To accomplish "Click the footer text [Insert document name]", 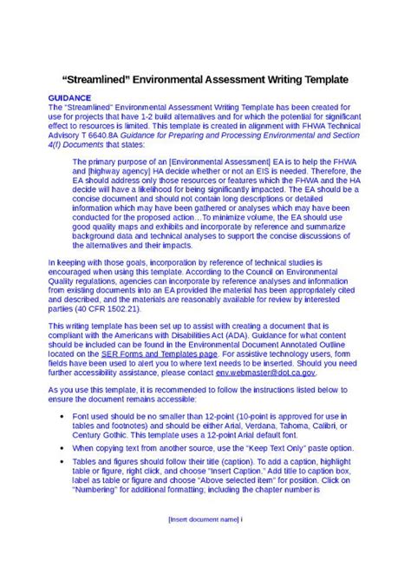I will tap(203, 544).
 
